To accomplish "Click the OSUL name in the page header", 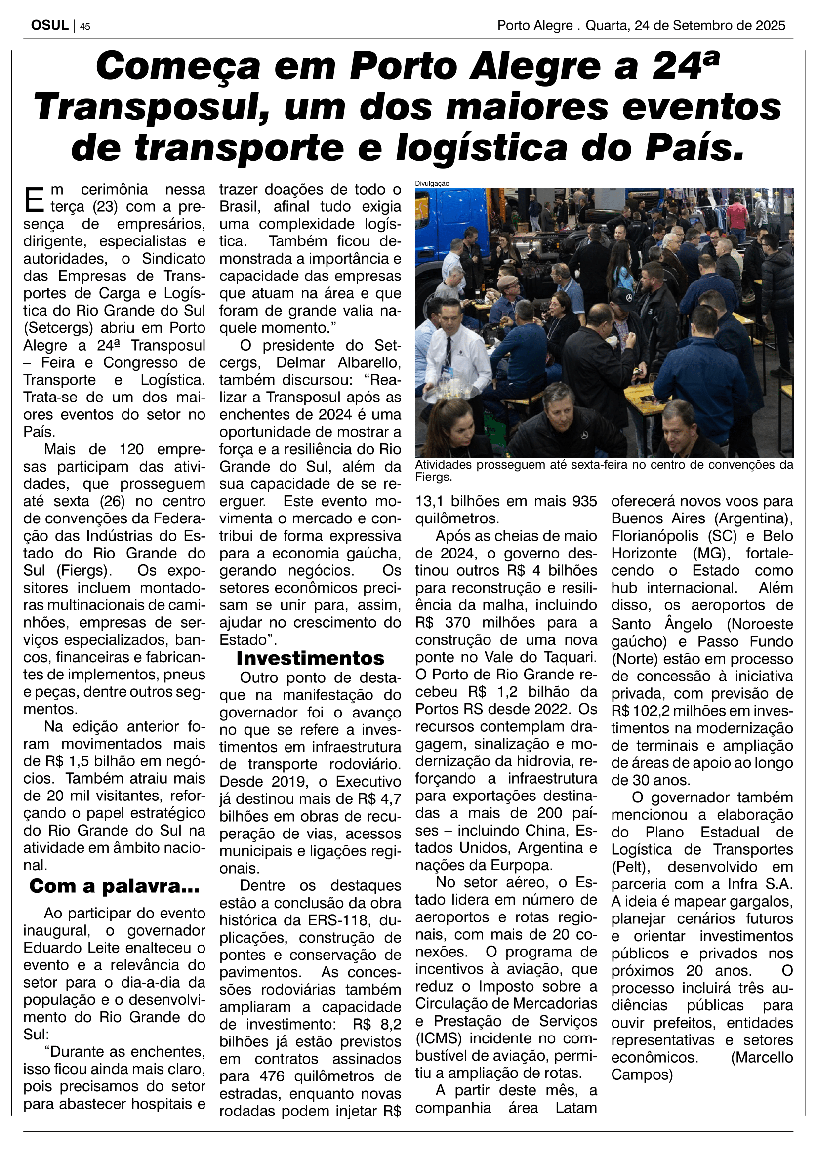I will (49, 25).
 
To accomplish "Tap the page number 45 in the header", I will (85, 27).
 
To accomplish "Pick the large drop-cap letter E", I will (34, 199).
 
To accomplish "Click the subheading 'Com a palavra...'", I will (114, 886).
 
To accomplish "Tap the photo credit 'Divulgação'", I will (432, 184).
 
